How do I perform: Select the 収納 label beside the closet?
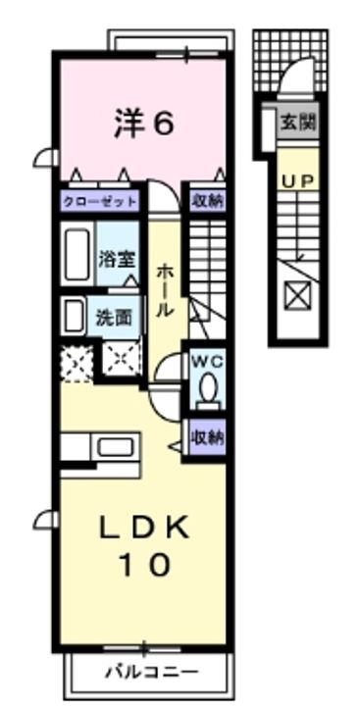coord(207,202)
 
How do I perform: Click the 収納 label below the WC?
coord(207,434)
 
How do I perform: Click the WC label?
coord(207,361)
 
